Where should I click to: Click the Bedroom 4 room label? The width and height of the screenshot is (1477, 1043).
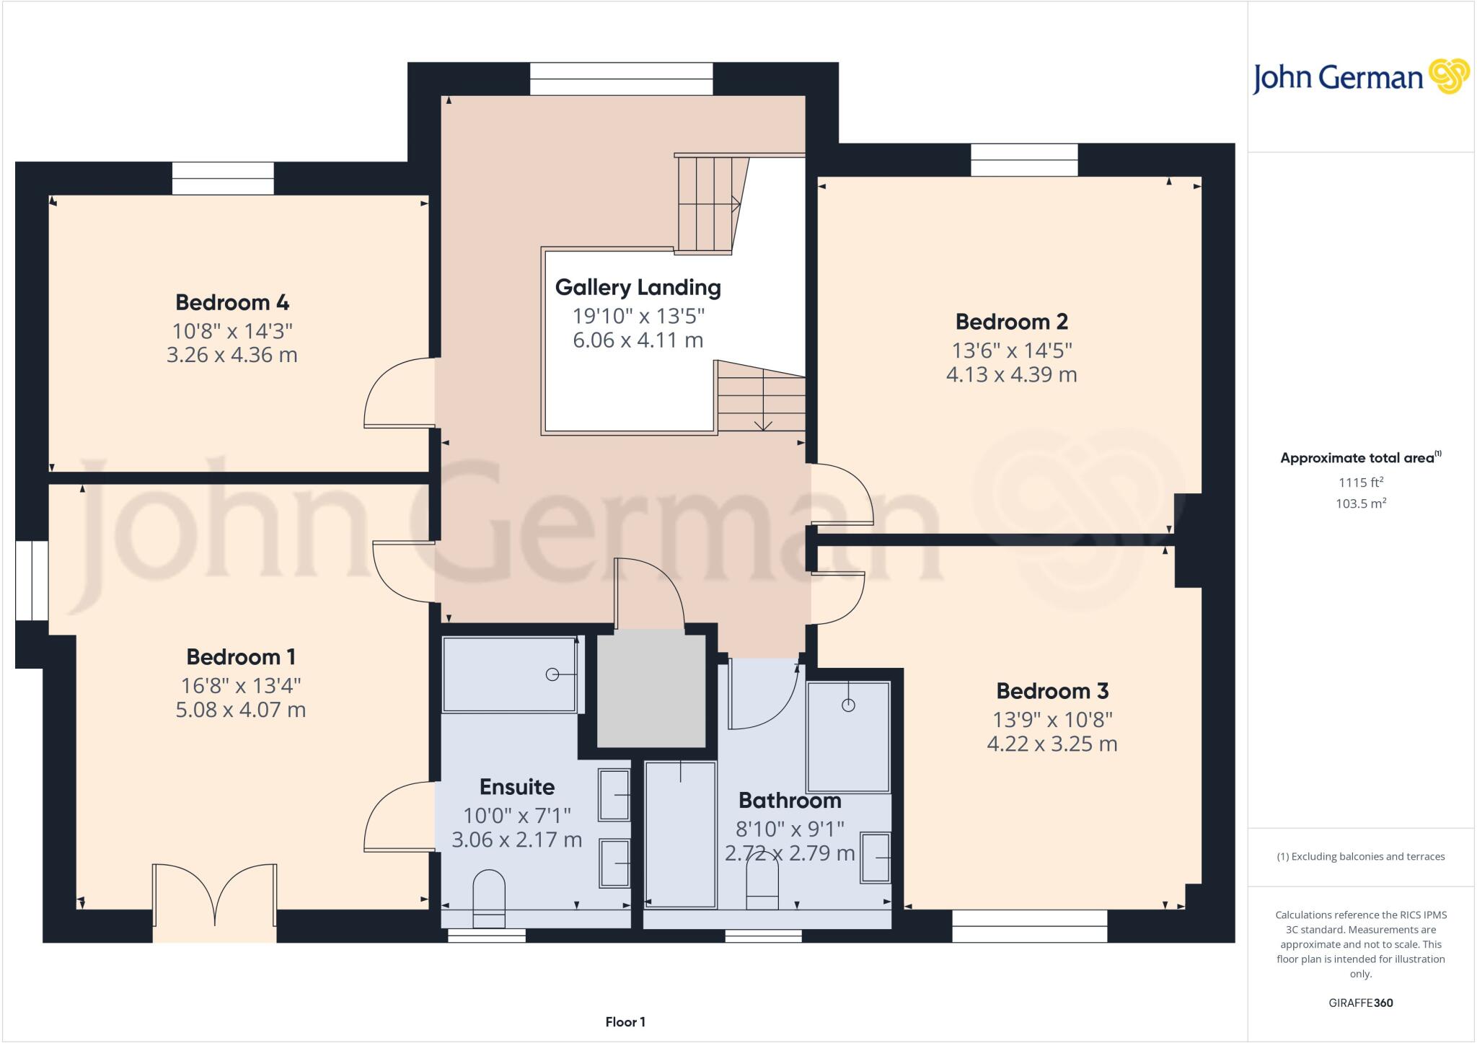tap(232, 302)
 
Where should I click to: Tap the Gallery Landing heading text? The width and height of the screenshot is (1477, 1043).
tap(638, 287)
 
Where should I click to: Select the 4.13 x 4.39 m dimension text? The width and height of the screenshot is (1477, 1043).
tap(1011, 374)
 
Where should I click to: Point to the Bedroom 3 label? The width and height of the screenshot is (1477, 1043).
tap(1051, 691)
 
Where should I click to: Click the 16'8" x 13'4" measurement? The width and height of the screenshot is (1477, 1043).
tap(240, 685)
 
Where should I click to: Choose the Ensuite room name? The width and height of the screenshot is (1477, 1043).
tap(516, 786)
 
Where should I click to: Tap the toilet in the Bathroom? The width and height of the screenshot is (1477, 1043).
tap(762, 886)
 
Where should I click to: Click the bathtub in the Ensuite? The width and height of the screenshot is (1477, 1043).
tap(510, 674)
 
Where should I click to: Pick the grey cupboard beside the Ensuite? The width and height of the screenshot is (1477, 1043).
tap(651, 691)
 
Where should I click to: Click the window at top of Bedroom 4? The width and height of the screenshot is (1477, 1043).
tap(223, 178)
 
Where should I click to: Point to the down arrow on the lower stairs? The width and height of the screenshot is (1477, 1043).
tap(763, 423)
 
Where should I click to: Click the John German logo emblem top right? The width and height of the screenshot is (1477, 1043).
tap(1449, 76)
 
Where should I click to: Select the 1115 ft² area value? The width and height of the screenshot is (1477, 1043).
tap(1360, 483)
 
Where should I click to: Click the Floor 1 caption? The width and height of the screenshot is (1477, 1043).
tap(625, 1021)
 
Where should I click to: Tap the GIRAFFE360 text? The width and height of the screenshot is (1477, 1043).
tap(1360, 1003)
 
